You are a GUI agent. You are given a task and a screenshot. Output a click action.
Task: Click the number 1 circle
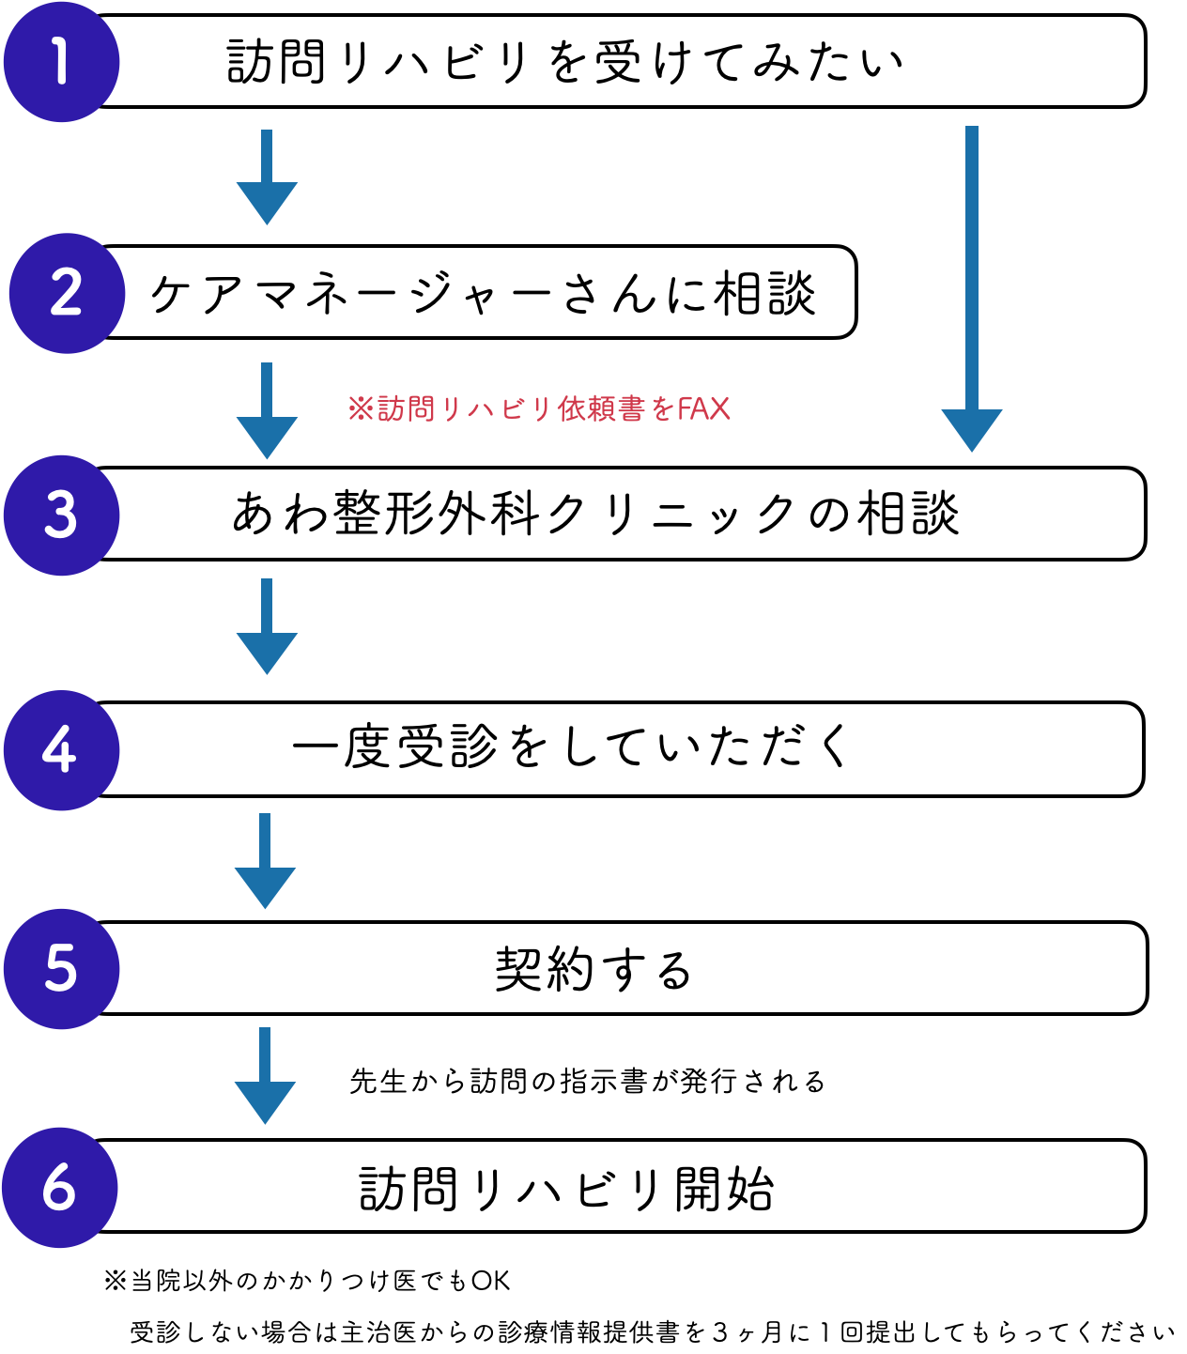pyautogui.click(x=61, y=62)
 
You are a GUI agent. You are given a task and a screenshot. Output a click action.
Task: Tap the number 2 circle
pyautogui.click(x=67, y=293)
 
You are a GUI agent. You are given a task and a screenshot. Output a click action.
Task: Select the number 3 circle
pyautogui.click(x=61, y=515)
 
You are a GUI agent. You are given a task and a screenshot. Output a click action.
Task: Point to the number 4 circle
pyautogui.click(x=61, y=750)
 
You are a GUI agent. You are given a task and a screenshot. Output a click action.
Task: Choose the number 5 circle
pyautogui.click(x=61, y=969)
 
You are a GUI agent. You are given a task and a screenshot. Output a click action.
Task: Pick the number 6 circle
pyautogui.click(x=59, y=1188)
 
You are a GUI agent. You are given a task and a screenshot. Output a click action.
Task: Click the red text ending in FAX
pyautogui.click(x=539, y=409)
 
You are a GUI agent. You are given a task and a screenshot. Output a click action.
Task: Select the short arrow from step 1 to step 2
pyautogui.click(x=267, y=177)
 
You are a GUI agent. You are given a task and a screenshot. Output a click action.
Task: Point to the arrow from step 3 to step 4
pyautogui.click(x=267, y=626)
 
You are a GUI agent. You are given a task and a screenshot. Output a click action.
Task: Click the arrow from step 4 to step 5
pyautogui.click(x=265, y=861)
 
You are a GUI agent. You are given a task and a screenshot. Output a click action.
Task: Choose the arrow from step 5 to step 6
pyautogui.click(x=265, y=1076)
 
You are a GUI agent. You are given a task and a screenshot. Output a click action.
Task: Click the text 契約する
pyautogui.click(x=593, y=969)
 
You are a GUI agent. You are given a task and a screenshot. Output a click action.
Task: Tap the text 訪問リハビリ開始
pyautogui.click(x=566, y=1189)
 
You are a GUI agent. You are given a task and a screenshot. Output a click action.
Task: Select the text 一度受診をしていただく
pyautogui.click(x=571, y=748)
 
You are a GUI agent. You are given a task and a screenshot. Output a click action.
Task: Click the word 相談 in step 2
pyautogui.click(x=765, y=293)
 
